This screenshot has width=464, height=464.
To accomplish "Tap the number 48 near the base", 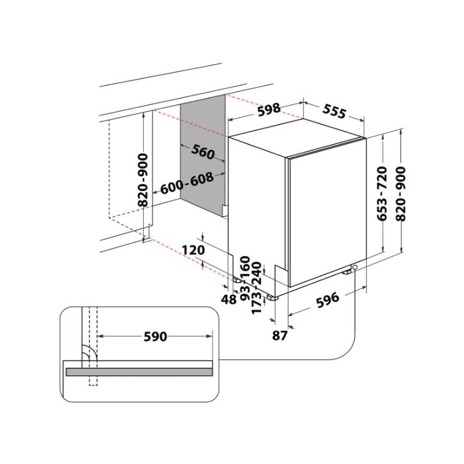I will pyautogui.click(x=230, y=300).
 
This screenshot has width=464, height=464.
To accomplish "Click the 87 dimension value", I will pyautogui.click(x=280, y=335).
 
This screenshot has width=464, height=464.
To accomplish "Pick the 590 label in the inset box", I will pyautogui.click(x=155, y=337).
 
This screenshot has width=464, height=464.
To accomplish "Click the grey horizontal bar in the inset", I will pyautogui.click(x=140, y=371).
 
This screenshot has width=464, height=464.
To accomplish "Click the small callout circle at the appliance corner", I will pyautogui.click(x=355, y=267).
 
